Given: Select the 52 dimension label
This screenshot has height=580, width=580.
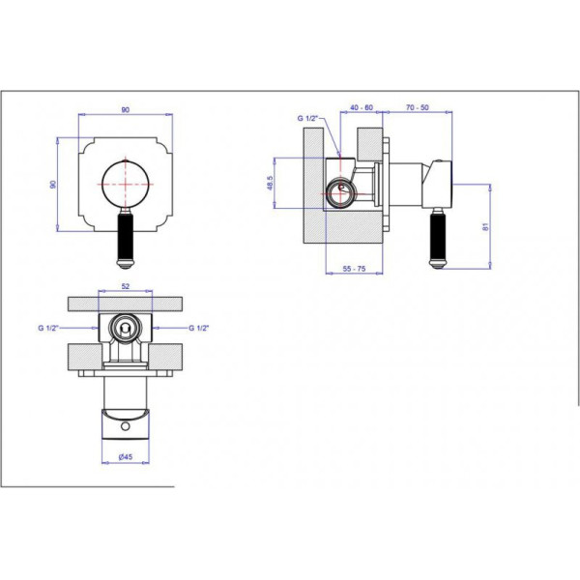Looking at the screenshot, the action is point(126,286).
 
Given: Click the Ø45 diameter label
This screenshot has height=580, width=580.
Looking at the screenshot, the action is point(126,457).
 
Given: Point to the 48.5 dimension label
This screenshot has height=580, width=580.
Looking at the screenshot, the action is point(270,183).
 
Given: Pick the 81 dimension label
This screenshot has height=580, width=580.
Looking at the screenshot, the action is point(485,226).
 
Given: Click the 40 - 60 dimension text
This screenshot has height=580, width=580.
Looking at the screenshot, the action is point(362,107).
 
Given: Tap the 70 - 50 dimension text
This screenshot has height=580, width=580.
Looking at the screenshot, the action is point(417,107).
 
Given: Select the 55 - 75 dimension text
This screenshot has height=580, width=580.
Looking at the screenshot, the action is point(354,269).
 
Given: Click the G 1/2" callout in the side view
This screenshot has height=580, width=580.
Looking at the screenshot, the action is point(307,118).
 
